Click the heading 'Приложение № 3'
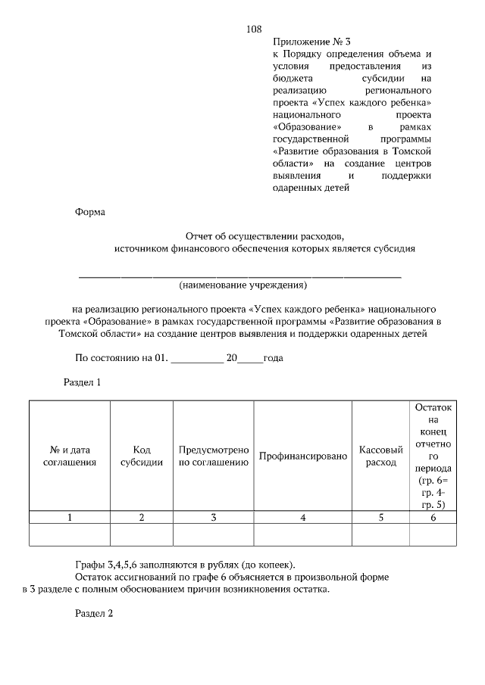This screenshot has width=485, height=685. [x=312, y=42]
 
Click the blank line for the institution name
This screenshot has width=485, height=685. [x=240, y=276]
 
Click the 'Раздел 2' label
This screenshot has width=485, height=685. [x=94, y=613]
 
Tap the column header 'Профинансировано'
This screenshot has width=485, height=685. [x=302, y=456]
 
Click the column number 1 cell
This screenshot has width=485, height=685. [x=70, y=518]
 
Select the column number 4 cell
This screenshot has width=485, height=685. [x=302, y=518]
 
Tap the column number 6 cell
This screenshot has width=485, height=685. [x=433, y=518]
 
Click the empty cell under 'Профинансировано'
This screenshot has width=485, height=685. [x=302, y=535]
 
